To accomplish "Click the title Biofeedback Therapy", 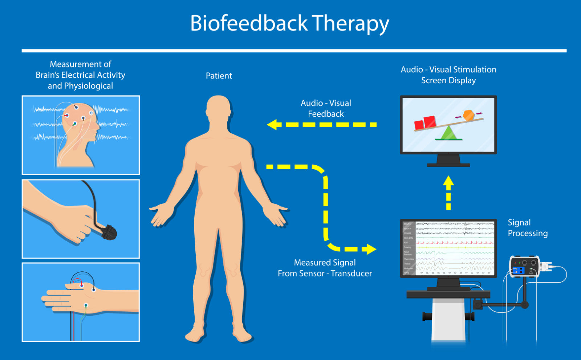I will [x=289, y=24].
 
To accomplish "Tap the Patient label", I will [x=219, y=76].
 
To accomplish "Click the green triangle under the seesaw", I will [x=449, y=133].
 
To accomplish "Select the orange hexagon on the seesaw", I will [x=468, y=115].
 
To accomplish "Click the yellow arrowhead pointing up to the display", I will [x=448, y=182].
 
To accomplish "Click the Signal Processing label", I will [x=527, y=228].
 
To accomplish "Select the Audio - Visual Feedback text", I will [x=326, y=108].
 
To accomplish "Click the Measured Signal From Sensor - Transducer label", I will [x=325, y=268].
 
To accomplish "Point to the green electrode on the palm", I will [x=86, y=305].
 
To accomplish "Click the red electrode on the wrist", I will [x=82, y=286].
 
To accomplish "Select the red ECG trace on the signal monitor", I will [x=455, y=242].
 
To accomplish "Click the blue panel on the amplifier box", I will [x=517, y=270].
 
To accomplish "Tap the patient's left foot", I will [x=244, y=336].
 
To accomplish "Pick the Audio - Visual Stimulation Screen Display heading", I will [x=448, y=75].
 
